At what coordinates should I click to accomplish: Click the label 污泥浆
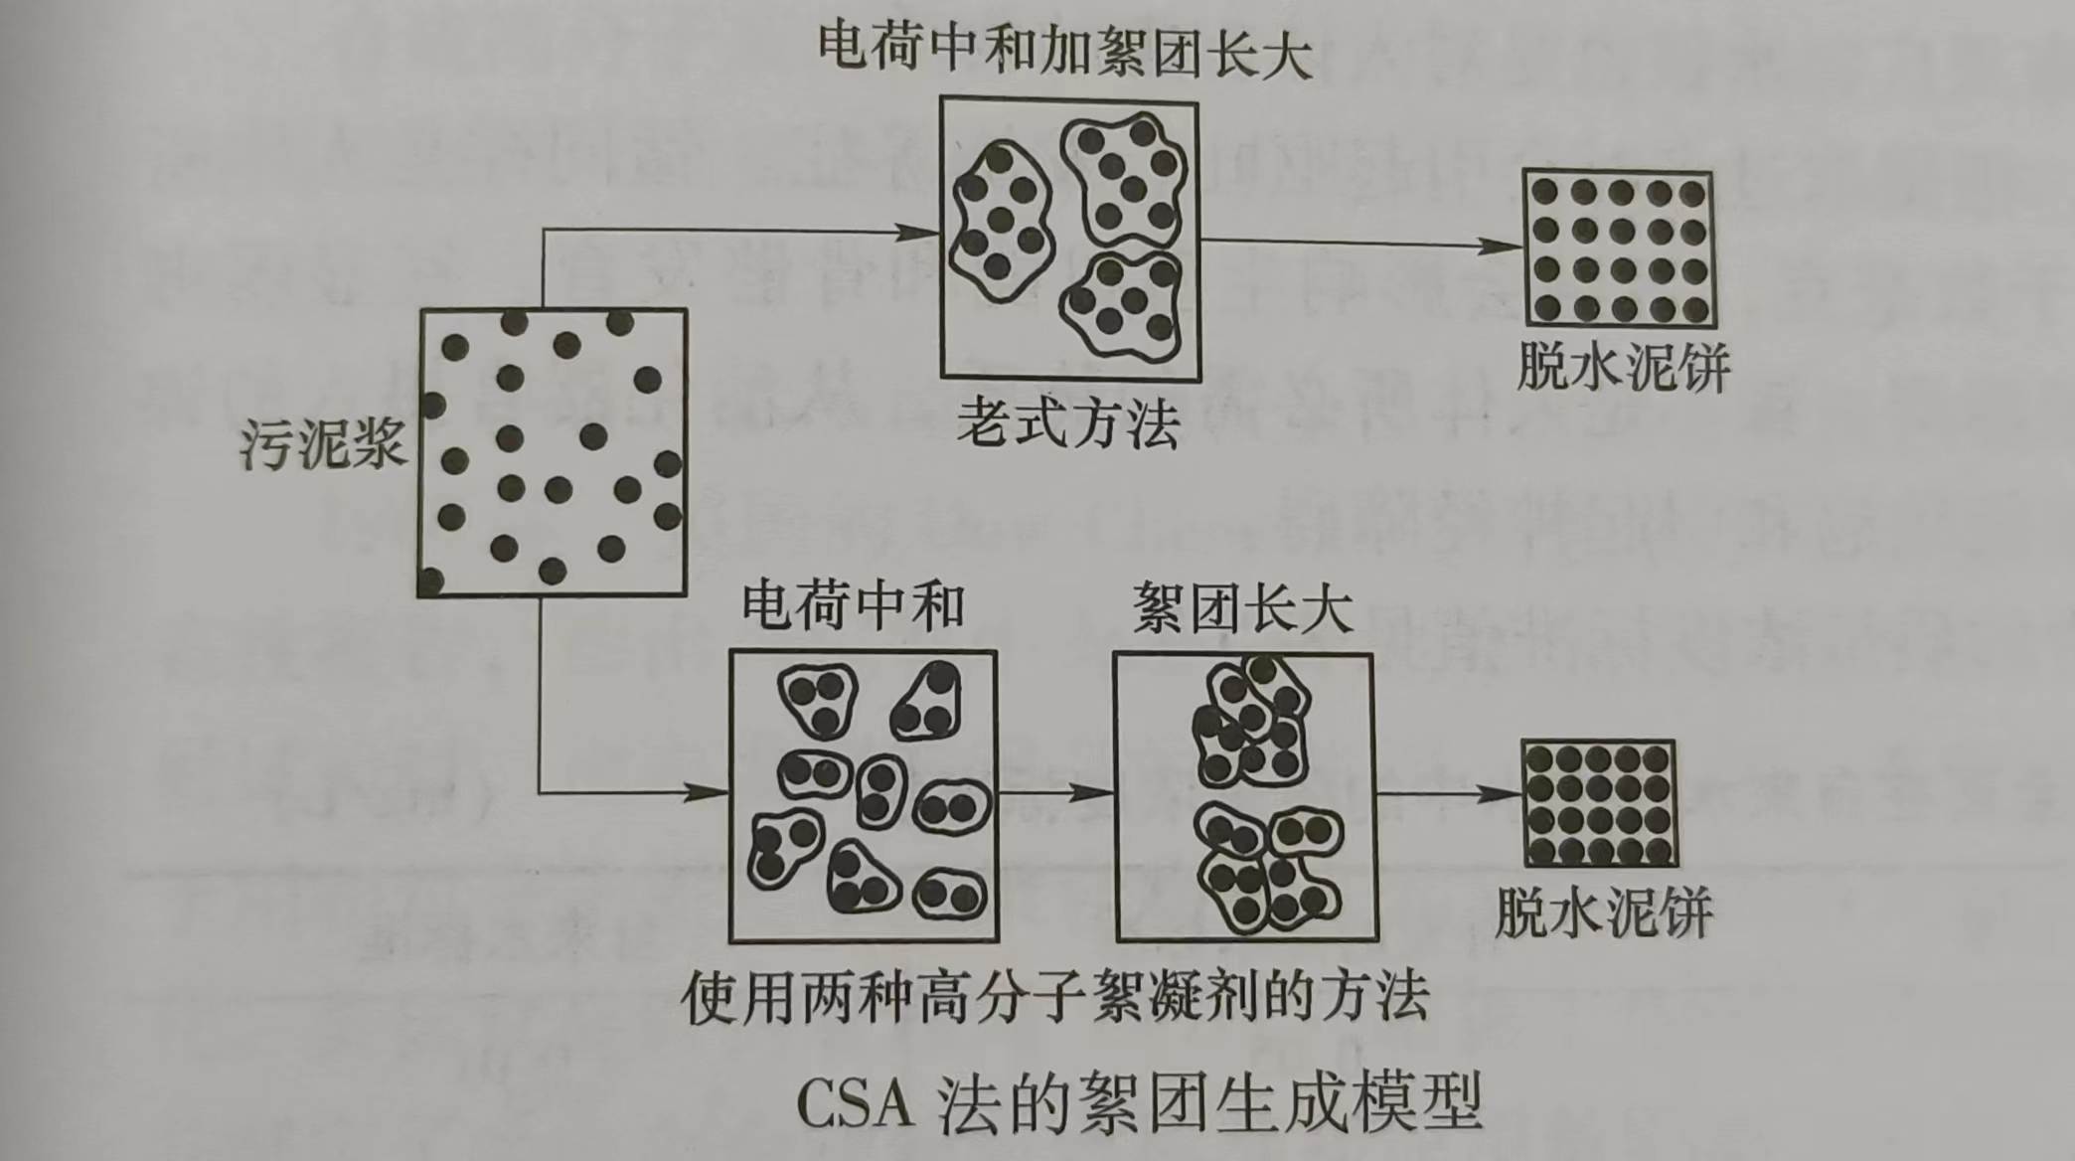[x=324, y=443]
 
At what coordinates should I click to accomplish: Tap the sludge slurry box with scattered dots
[x=553, y=453]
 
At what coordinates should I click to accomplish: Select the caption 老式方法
[x=1068, y=425]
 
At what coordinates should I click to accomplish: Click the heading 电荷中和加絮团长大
[x=1065, y=50]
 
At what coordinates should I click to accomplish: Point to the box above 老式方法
[x=1070, y=239]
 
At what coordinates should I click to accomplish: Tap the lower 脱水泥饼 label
[x=1604, y=912]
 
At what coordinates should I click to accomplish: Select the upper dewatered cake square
[x=1620, y=249]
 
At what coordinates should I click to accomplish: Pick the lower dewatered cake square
[x=1599, y=804]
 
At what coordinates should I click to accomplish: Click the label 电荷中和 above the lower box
[x=854, y=606]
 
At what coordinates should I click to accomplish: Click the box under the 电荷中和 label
[x=864, y=796]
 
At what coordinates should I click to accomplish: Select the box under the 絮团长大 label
[x=1246, y=797]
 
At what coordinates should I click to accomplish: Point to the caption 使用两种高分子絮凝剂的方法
[x=1055, y=997]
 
